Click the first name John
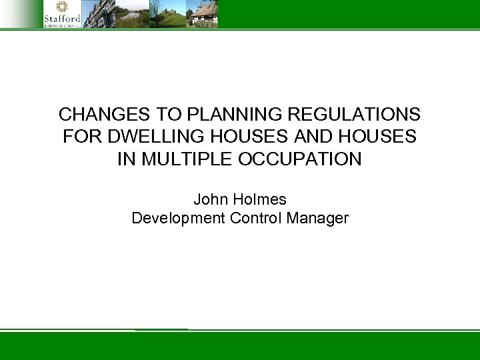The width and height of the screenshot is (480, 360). point(209,199)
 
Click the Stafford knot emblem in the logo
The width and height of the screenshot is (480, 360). point(62,7)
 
